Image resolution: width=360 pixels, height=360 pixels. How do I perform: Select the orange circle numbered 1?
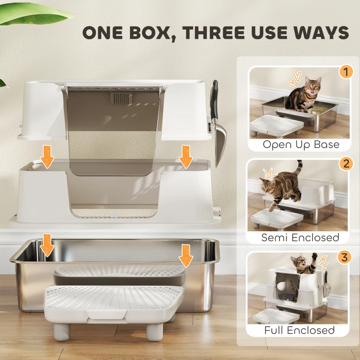[345, 72]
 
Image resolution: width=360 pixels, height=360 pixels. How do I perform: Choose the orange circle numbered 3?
[345, 258]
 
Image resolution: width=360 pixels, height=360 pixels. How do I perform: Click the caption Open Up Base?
[301, 144]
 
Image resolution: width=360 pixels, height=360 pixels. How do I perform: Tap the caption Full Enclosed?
[300, 330]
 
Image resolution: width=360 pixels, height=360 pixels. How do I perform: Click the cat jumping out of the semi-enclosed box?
[281, 187]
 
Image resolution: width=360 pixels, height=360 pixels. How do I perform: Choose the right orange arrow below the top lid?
[185, 156]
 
